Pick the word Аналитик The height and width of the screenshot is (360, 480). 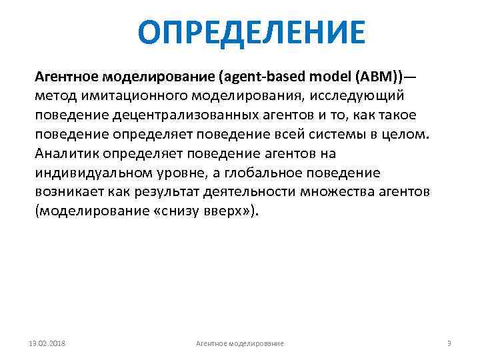point(64,155)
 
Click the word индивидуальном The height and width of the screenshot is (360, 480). point(93,174)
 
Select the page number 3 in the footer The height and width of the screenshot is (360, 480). point(449,343)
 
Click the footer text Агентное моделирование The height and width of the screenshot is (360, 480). point(239,343)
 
